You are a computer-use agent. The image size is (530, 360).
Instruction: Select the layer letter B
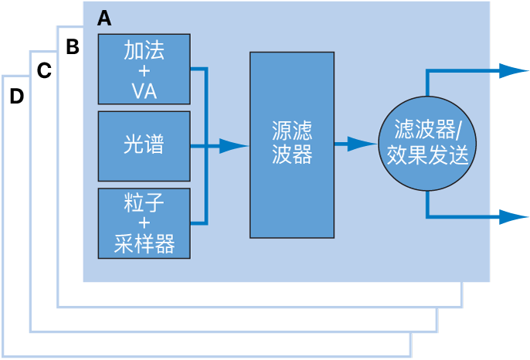tap(73, 47)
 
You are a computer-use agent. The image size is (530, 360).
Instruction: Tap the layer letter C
tap(44, 71)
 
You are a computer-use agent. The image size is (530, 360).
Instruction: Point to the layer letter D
tap(16, 97)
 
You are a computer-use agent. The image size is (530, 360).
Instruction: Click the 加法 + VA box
tap(144, 69)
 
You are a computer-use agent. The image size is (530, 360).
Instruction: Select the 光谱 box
tap(144, 145)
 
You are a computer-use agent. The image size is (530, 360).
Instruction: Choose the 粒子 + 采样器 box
tap(144, 222)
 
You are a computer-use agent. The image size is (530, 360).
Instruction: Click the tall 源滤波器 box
tap(292, 145)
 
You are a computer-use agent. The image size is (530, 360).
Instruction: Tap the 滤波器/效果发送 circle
tap(426, 144)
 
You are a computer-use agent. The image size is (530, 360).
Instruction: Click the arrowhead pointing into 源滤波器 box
tap(232, 145)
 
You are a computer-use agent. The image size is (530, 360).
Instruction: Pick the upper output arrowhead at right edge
tap(513, 71)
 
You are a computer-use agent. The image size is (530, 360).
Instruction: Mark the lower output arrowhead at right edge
tap(513, 218)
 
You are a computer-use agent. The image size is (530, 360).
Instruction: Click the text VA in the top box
tap(144, 91)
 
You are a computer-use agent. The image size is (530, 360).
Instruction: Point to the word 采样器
tap(144, 246)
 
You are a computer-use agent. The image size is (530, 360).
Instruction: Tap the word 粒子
tap(144, 202)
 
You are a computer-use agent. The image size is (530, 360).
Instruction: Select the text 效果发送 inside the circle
tap(427, 156)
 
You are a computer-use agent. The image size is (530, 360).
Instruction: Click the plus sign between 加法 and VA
tap(144, 70)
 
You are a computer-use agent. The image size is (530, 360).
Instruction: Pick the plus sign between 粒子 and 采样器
tap(144, 224)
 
